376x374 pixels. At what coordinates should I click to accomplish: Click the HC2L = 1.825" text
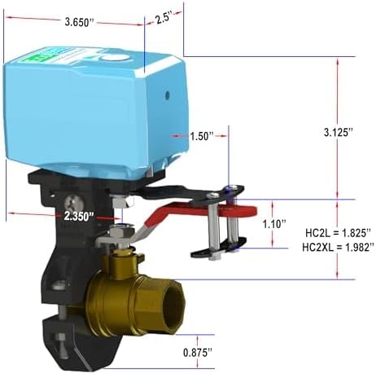click(x=337, y=232)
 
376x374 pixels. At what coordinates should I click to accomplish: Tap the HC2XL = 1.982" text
click(x=337, y=247)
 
